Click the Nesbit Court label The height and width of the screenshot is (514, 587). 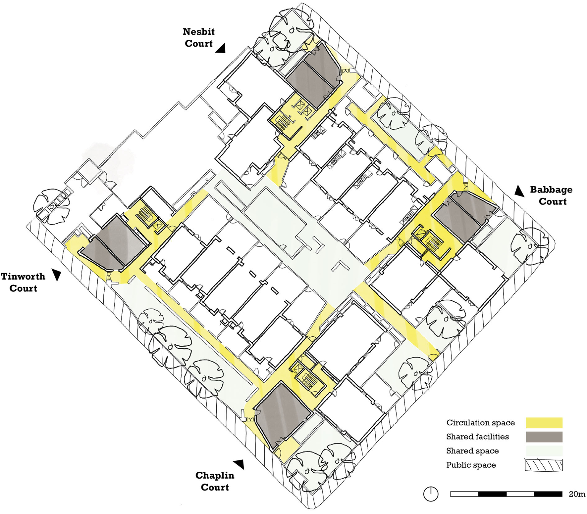(x=198, y=37)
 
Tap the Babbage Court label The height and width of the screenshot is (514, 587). (x=551, y=195)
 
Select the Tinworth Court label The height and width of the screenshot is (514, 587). (x=23, y=282)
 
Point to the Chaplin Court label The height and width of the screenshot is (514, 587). (x=215, y=481)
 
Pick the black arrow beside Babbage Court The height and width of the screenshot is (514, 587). (x=519, y=191)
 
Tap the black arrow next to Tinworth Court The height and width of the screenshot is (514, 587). (x=57, y=275)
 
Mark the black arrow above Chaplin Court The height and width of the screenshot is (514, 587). (x=239, y=464)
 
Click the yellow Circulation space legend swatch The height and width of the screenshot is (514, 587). (x=544, y=423)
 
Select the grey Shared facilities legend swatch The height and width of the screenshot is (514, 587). (x=544, y=437)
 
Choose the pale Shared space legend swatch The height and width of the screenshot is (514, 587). (x=544, y=451)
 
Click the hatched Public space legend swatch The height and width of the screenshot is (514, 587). (x=544, y=465)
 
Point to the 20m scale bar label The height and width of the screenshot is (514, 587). (x=577, y=494)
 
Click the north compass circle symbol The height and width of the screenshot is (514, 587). (x=431, y=494)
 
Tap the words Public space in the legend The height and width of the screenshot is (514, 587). (x=471, y=465)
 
